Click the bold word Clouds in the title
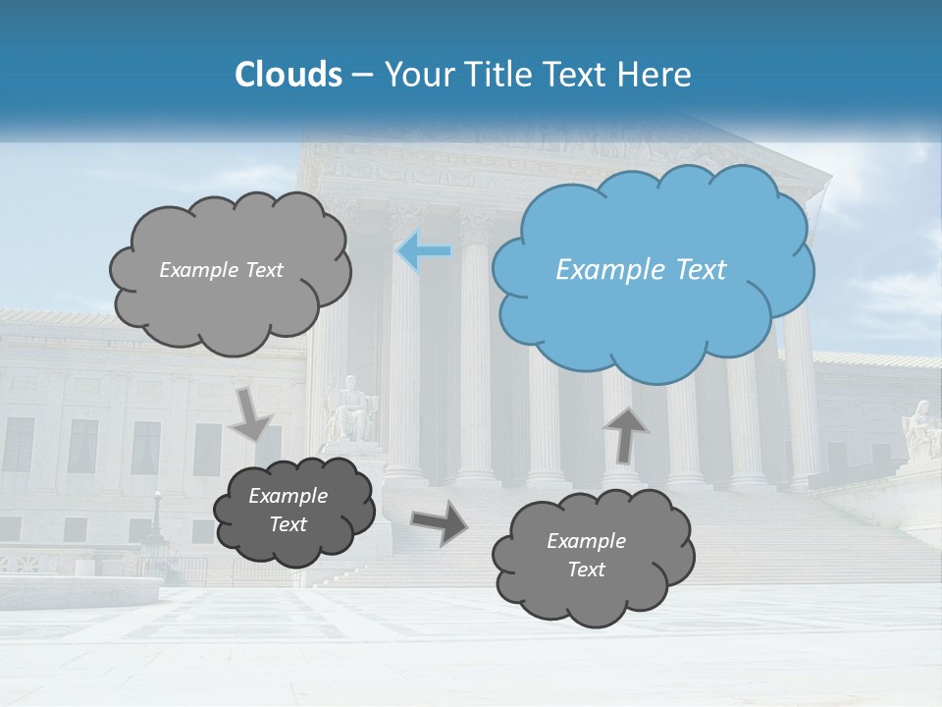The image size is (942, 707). (x=288, y=75)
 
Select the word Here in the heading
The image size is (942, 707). (x=657, y=75)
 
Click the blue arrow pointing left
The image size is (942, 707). (x=424, y=251)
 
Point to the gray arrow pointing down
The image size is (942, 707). (x=251, y=413)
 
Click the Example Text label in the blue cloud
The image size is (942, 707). (x=641, y=270)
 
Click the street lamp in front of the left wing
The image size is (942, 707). (x=156, y=520)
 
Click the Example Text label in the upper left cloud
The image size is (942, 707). (x=221, y=270)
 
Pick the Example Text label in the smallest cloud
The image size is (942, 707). (x=288, y=510)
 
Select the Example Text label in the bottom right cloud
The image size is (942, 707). (x=586, y=555)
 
